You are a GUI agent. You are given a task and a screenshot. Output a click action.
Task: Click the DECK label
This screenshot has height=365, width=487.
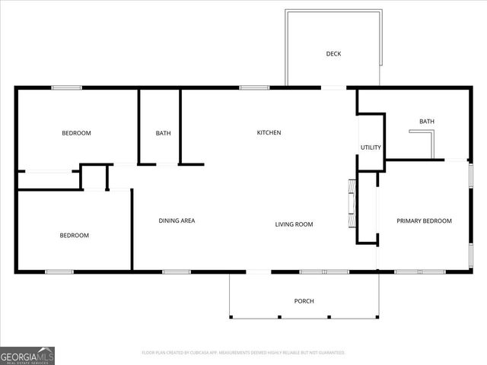coord(333,53)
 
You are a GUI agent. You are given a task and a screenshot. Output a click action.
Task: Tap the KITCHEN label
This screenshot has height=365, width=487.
coord(269,133)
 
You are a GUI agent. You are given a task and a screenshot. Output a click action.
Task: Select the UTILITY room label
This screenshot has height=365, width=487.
coord(371,148)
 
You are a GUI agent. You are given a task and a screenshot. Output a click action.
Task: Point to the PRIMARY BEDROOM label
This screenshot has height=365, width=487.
coord(424,221)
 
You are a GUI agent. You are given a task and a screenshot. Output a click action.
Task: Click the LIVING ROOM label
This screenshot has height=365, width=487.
coord(294,224)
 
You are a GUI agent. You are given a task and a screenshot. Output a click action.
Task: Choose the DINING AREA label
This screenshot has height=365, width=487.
coord(177,221)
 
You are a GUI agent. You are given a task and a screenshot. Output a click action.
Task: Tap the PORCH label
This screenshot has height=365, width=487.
coord(304,301)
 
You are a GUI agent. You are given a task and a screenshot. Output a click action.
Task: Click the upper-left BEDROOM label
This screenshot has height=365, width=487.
coord(76,133)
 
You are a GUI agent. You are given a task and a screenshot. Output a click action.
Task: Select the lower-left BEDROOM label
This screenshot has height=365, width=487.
coord(74,236)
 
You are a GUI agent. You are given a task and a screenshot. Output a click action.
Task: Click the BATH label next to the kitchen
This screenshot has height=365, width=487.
coord(163,134)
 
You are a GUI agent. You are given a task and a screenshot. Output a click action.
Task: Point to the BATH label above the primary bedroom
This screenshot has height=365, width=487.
coord(426,122)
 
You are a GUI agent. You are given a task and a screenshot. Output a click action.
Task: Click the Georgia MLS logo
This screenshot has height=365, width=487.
coord(27,355)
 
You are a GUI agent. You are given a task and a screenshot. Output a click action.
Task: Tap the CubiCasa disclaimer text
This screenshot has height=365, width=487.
coord(243,353)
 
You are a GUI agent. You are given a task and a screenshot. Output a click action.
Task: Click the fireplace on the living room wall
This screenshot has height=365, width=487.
coord(352,203)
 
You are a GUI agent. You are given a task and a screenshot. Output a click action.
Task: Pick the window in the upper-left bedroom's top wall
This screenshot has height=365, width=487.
coord(66,88)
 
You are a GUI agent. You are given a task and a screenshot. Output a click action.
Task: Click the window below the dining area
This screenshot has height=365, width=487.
coord(176,271)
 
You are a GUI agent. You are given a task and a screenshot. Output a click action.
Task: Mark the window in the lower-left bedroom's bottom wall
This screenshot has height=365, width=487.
coord(59,271)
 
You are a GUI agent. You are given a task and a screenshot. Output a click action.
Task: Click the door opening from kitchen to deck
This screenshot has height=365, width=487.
coord(333,88)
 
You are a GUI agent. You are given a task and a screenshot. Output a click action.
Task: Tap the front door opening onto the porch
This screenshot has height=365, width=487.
coord(259,271)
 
